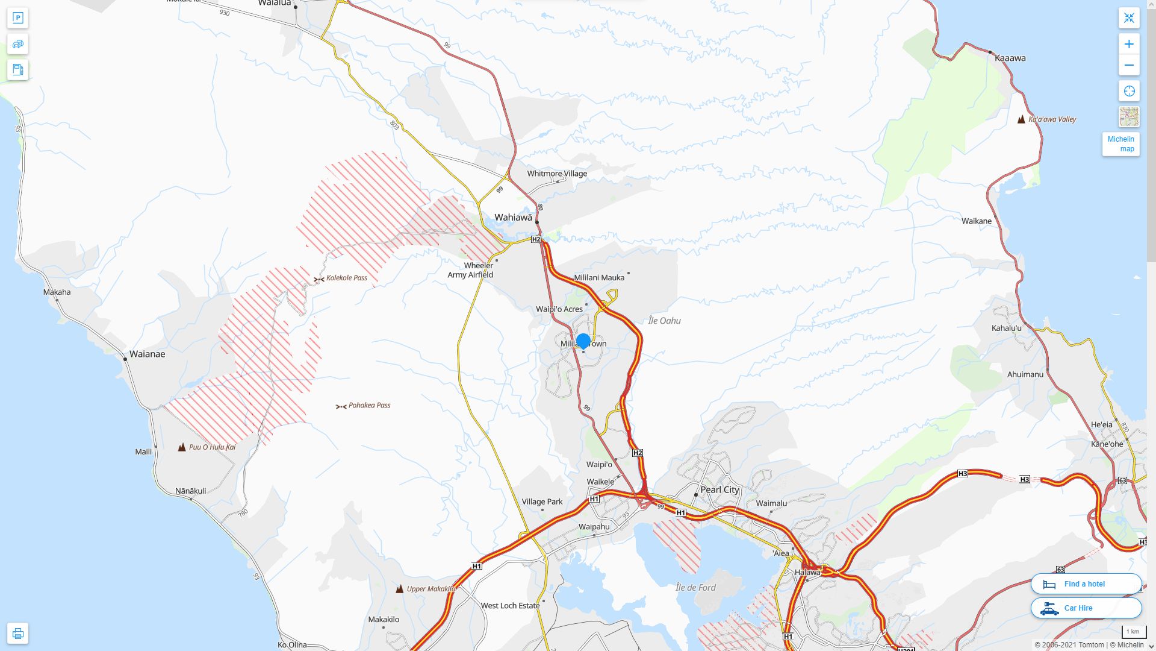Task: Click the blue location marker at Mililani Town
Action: [x=583, y=341]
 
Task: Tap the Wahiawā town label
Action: [x=513, y=218]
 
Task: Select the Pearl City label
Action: [x=719, y=489]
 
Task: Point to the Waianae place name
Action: [x=147, y=354]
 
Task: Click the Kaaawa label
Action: [x=1010, y=58]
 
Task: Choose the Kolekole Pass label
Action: [x=346, y=278]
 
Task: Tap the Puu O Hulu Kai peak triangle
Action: [x=182, y=447]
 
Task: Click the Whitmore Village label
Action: [x=556, y=174]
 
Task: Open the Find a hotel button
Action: [x=1086, y=584]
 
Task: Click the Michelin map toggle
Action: [x=1120, y=144]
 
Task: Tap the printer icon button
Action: [x=17, y=634]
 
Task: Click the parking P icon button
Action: [x=17, y=18]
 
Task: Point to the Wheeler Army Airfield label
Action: [x=470, y=270]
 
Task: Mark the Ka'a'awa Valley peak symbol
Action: [x=1021, y=119]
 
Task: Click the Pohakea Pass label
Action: [x=369, y=405]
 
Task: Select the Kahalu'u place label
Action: [x=1006, y=329]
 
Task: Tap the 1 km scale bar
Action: [x=1133, y=632]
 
